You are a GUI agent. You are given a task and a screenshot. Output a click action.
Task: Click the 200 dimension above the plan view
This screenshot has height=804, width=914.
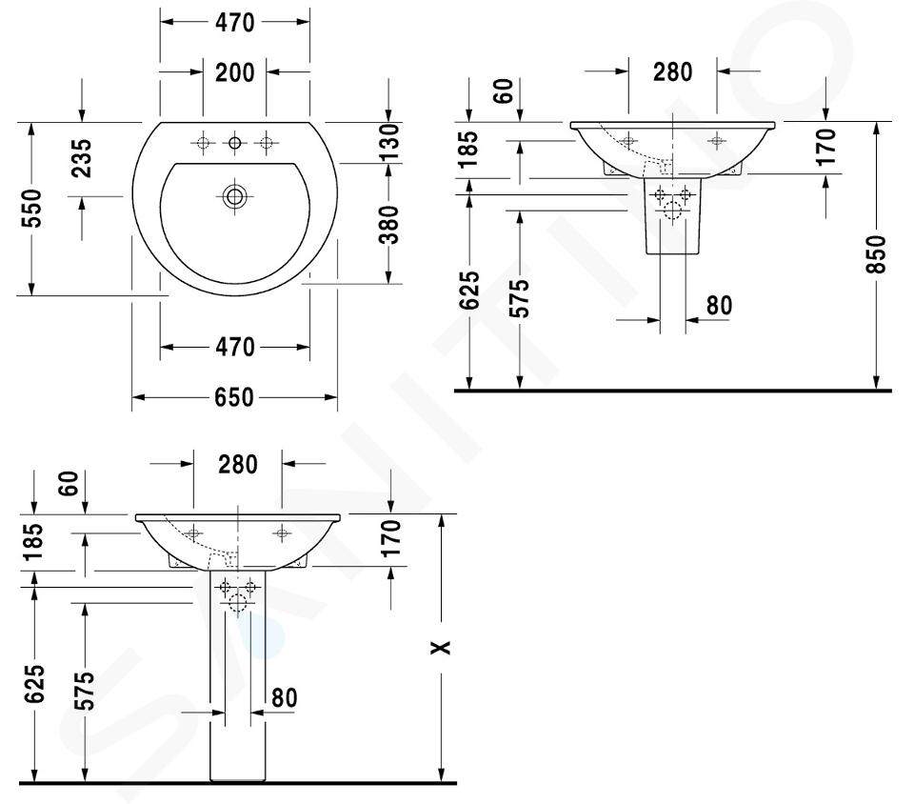coord(235,72)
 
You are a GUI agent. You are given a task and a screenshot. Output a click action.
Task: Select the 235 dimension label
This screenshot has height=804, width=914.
coord(82,158)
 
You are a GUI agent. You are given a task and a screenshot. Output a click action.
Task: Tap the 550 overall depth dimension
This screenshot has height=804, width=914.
coord(31,208)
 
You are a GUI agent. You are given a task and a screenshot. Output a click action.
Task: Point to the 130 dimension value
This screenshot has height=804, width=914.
coord(388,142)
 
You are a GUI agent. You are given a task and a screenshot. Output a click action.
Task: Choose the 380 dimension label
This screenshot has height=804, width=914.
coord(388,225)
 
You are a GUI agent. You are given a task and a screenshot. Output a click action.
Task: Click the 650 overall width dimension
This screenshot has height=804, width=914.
coord(234,397)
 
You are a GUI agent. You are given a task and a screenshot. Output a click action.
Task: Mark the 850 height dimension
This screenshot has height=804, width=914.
coord(876,254)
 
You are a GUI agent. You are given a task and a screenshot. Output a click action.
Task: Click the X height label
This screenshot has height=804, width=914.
coord(441,647)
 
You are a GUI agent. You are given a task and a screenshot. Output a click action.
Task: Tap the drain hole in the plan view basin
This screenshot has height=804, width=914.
coord(234,196)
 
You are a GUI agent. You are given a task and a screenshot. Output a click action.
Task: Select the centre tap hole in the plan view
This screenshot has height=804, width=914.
coord(234,142)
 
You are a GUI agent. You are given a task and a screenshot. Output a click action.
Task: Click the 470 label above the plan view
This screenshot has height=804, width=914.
coord(235,22)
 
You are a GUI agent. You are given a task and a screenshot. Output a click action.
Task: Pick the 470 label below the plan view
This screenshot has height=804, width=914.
coord(235,347)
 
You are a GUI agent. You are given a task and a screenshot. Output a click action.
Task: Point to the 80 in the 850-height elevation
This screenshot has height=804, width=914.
coord(719,305)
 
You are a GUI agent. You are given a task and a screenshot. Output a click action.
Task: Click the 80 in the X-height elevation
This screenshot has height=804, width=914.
coord(285,697)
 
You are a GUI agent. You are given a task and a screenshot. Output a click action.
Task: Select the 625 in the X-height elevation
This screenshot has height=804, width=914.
coord(35,683)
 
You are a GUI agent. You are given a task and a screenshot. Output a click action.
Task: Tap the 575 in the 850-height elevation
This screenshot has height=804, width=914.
coord(520,298)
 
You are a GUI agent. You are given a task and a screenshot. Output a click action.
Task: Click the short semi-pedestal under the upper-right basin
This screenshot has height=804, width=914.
coord(673,215)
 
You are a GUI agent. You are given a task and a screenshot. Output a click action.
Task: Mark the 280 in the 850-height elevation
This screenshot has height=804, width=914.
coord(673,71)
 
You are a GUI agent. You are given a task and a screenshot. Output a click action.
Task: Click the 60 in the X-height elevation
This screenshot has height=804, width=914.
coord(69,483)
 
